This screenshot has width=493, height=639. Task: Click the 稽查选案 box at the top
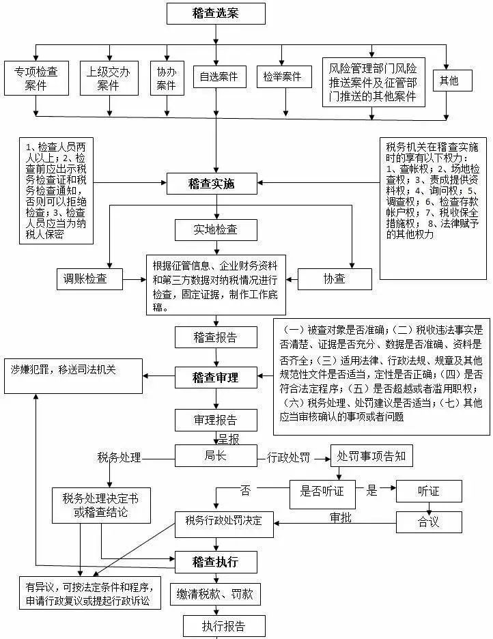click(x=215, y=13)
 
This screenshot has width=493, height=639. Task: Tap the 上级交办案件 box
click(x=108, y=78)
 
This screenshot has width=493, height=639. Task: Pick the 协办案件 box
click(x=166, y=78)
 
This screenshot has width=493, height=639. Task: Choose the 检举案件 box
click(x=282, y=77)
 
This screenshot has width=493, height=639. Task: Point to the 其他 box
click(x=449, y=81)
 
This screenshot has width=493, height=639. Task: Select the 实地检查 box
click(x=215, y=229)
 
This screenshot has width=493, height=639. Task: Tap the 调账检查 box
click(x=90, y=278)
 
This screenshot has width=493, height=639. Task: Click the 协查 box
click(x=335, y=278)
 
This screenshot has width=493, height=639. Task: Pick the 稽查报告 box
click(x=215, y=337)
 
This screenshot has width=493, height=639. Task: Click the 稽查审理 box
click(x=215, y=377)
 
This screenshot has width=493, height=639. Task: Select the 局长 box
click(x=215, y=455)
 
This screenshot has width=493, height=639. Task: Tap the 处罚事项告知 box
click(x=371, y=456)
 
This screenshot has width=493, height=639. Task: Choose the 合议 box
click(x=428, y=522)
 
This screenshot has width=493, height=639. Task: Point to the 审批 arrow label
click(x=340, y=517)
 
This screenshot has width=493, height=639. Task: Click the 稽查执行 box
click(x=215, y=562)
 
